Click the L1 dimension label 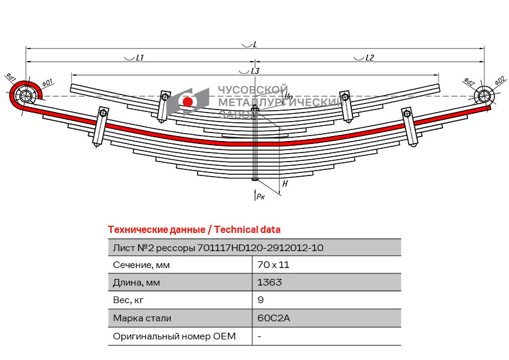click(138, 57)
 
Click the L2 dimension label click(369, 57)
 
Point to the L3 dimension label click(254, 71)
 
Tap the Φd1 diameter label click(11, 77)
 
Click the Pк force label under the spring click(260, 196)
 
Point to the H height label click(285, 183)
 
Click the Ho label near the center click(288, 96)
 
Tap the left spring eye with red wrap click(25, 96)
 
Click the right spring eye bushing click(484, 96)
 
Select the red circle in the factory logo click(187, 102)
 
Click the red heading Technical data click(193, 230)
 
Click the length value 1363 click(269, 283)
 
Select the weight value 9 click(261, 300)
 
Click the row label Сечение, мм click(141, 265)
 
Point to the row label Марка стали click(142, 318)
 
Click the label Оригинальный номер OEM click(174, 336)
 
